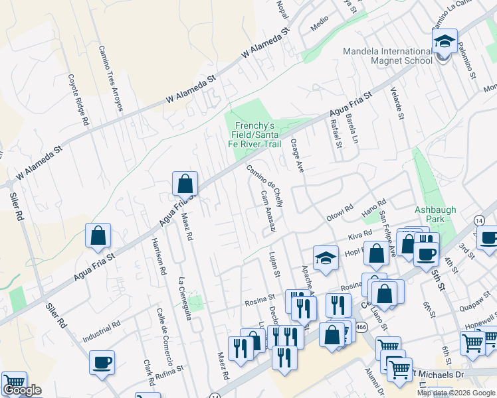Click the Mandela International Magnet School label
point(387,56)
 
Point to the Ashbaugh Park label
point(435,214)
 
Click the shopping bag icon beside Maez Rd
point(185,184)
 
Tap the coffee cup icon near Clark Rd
point(102,362)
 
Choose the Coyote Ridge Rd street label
point(76,100)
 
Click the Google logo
point(22,391)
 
